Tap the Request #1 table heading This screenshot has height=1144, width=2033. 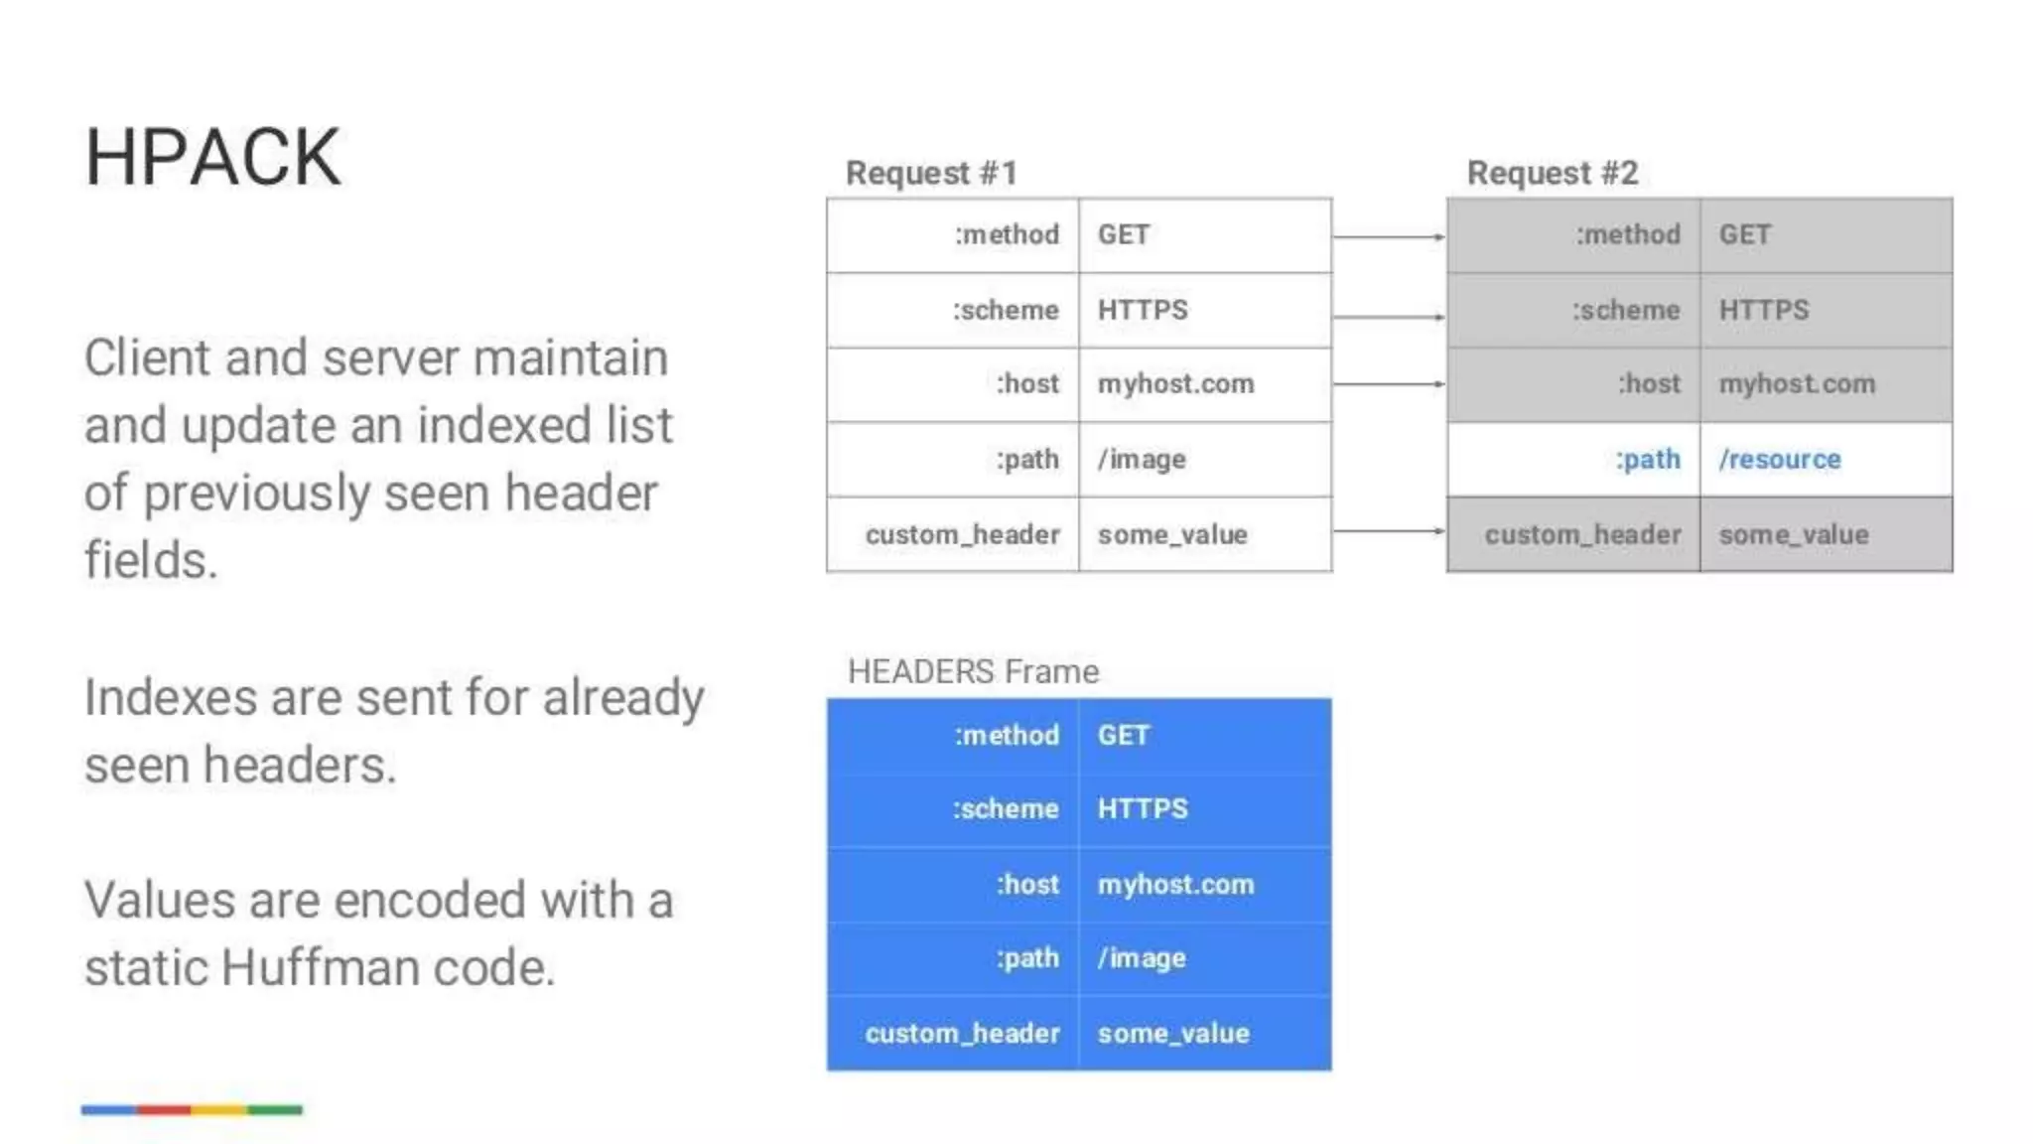point(931,173)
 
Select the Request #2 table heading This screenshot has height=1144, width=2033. point(1552,173)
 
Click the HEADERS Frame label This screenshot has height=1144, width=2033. point(973,671)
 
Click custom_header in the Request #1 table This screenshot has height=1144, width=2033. point(962,535)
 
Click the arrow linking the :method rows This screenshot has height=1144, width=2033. point(1388,236)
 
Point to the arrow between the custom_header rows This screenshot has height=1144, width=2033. point(1388,531)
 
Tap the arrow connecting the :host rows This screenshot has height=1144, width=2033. point(1388,383)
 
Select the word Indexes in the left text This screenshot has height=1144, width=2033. point(171,697)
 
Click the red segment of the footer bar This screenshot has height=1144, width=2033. point(164,1109)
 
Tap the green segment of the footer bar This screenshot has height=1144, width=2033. point(275,1109)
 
